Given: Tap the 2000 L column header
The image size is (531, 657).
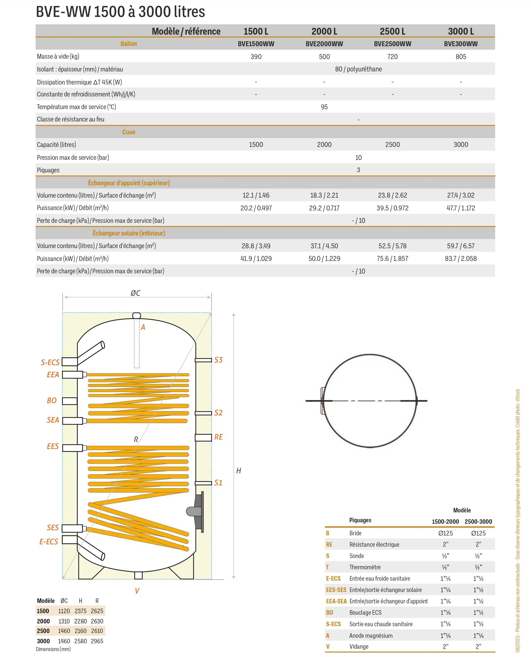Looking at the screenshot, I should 324,31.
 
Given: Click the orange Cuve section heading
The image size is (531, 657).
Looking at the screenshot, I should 128,132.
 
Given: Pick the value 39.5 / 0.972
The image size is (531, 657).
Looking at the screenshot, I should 392,208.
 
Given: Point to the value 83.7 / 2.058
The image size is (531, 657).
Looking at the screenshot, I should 461,259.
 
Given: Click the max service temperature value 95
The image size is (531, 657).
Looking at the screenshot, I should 324,107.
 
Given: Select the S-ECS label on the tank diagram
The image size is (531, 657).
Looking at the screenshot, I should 50,363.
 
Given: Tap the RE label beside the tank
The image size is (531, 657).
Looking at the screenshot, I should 218,437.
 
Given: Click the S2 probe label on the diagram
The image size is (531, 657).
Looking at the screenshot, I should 218,413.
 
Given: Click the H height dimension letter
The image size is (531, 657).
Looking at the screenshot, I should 239,471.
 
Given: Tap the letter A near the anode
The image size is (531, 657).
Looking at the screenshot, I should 143,327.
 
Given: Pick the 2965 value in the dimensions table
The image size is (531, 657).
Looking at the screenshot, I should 97,641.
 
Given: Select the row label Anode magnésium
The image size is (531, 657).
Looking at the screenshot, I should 371,636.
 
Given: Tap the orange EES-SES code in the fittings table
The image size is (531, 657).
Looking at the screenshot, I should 336,590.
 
